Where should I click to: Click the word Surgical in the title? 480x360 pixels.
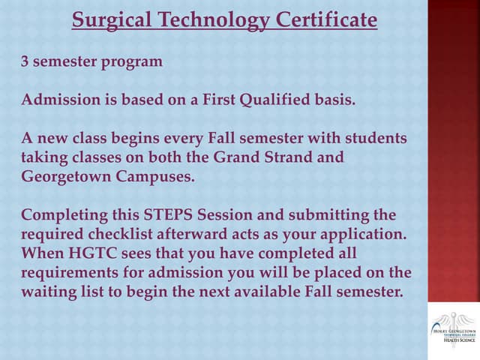tap(108, 19)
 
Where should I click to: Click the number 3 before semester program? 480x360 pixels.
tap(25, 61)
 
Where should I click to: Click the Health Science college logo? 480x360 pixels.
tap(453, 328)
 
